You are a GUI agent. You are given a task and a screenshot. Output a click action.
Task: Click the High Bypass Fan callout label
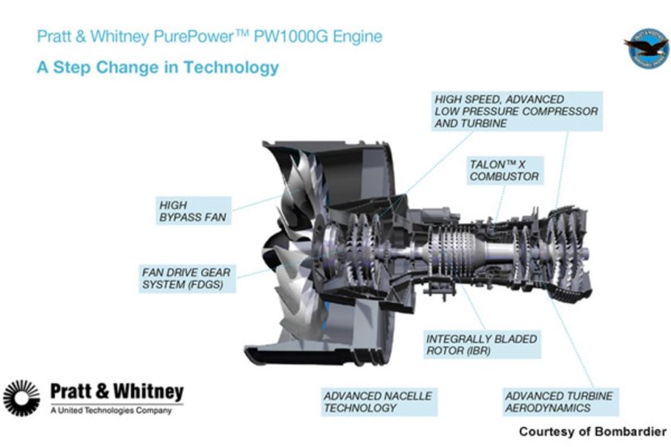coord(193,211)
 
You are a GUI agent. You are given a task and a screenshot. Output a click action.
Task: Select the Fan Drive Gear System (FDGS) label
coord(187,278)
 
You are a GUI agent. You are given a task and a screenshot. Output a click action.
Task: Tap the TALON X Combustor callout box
coord(504,170)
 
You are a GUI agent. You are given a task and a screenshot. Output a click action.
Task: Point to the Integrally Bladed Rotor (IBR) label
coord(482,345)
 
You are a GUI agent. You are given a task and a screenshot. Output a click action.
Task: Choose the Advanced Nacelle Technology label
coord(378,401)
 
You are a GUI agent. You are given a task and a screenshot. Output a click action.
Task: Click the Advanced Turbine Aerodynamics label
coord(559,401)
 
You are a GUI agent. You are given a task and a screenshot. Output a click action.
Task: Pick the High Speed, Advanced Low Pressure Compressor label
coord(516,111)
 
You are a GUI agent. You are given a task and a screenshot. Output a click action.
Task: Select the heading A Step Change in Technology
coord(158,67)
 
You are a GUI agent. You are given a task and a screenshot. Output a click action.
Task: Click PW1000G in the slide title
coord(298,37)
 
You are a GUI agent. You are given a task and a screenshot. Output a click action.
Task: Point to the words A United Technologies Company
coord(110,411)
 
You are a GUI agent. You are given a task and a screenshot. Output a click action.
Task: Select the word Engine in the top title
coord(359,37)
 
